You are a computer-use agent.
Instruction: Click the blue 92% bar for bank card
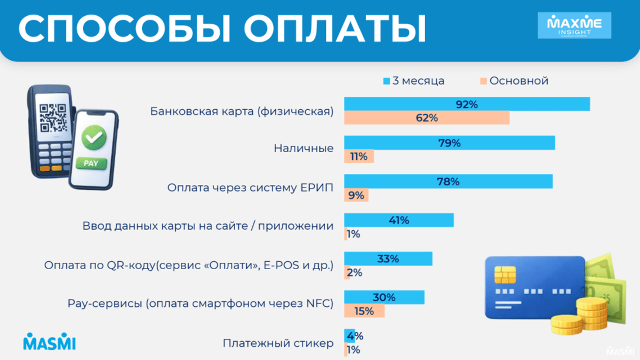pos(467,104)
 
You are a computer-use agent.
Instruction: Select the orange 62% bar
pos(426,118)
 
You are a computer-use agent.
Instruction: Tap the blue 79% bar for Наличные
pos(449,143)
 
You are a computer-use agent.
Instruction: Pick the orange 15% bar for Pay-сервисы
pos(364,310)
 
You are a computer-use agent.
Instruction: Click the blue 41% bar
pos(398,220)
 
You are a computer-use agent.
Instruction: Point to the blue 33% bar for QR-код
pos(388,259)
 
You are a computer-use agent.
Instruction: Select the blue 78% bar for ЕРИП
pos(448,181)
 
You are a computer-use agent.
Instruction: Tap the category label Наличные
pos(303,148)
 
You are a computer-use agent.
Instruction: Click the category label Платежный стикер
pos(277,343)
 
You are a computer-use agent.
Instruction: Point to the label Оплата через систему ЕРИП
pos(250,187)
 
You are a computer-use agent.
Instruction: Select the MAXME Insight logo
pos(574,25)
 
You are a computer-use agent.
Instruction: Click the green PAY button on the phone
pos(90,163)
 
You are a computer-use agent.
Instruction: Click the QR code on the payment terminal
pos(52,116)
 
